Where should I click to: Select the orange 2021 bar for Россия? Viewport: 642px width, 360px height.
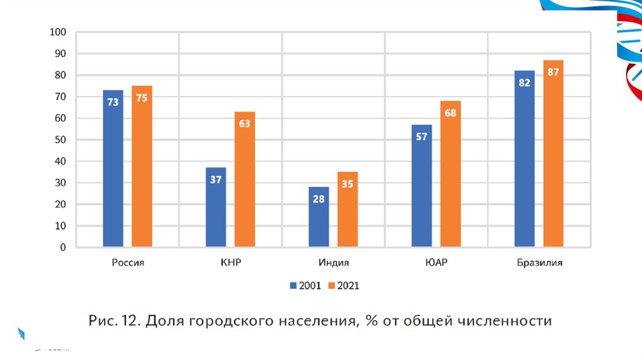click(x=142, y=166)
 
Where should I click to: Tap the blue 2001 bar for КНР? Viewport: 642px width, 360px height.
click(x=216, y=207)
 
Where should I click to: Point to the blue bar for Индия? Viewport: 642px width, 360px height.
click(x=318, y=217)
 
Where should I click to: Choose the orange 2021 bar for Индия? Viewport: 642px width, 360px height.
click(x=347, y=209)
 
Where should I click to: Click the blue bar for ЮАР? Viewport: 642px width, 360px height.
click(x=421, y=186)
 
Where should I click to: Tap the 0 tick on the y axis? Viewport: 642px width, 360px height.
click(x=63, y=248)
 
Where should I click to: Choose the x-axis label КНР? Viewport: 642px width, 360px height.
click(x=231, y=263)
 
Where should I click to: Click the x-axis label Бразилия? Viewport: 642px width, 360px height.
click(x=539, y=263)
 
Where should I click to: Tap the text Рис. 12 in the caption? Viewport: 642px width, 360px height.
click(x=113, y=321)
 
